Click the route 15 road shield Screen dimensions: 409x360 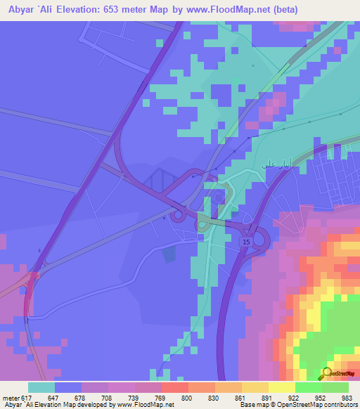(x=245, y=242)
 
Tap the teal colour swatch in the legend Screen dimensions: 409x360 (x=41, y=387)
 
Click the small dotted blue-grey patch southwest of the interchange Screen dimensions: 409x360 (x=169, y=254)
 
